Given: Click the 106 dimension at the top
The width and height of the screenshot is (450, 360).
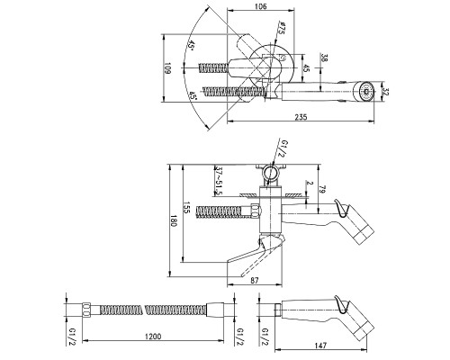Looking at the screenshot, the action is (x=260, y=6).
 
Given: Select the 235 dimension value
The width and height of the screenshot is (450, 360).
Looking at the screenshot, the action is (x=301, y=117).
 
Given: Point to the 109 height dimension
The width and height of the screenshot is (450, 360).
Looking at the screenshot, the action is (x=167, y=68).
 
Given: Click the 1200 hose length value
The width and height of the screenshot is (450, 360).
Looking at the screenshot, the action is (x=153, y=337).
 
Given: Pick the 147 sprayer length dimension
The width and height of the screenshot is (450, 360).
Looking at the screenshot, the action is (x=320, y=346).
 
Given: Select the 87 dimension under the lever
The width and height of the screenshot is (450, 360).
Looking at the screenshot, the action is (x=254, y=280).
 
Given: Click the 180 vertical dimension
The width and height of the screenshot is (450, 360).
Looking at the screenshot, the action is (x=174, y=220).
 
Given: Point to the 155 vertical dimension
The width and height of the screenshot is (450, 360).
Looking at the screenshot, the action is (x=186, y=207).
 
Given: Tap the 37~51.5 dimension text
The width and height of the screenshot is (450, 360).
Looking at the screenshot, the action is (x=219, y=181).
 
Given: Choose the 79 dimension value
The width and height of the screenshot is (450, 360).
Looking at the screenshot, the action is (x=322, y=189).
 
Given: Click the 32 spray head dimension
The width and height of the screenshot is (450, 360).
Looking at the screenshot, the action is (x=386, y=91).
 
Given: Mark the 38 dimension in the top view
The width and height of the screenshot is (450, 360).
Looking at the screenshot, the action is (x=324, y=58).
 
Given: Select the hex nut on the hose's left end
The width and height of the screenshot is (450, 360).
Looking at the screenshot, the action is (x=86, y=309).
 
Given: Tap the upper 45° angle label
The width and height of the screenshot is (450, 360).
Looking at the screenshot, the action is (x=191, y=46).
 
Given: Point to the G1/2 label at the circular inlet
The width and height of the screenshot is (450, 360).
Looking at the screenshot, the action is (x=283, y=148).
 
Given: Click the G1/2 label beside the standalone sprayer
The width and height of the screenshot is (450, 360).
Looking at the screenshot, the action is (x=265, y=337).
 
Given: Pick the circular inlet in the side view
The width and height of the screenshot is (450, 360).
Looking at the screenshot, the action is (x=272, y=173).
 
